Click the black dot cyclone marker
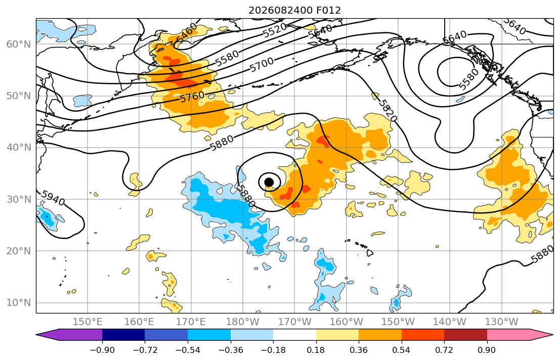tap(269, 182)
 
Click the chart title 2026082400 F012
tap(294, 10)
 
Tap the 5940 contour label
tap(53, 198)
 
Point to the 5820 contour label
tap(387, 110)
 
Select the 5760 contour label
tap(193, 97)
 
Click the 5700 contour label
tap(262, 65)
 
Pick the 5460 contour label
tap(187, 32)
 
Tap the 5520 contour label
tap(275, 30)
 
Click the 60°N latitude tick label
tap(19, 44)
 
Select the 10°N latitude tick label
tap(19, 303)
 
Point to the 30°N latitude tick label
tap(19, 199)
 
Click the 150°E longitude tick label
tap(88, 322)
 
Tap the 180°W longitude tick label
tap(243, 322)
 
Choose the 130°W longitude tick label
tap(502, 322)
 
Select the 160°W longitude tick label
tap(347, 322)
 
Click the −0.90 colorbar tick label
tap(102, 350)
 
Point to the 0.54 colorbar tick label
tap(402, 350)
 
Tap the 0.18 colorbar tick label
tap(316, 350)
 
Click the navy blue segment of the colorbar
tap(123, 335)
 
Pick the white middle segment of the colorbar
tap(294, 335)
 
